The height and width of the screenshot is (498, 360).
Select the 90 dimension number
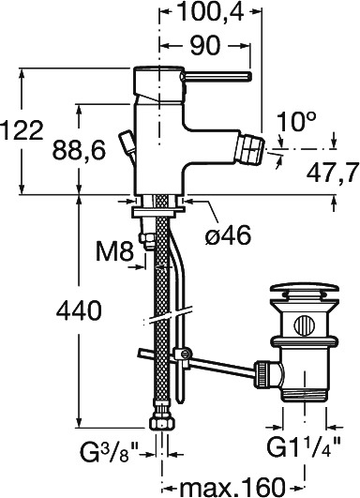pyautogui.click(x=204, y=45)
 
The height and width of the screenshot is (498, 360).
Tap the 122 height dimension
pyautogui.click(x=22, y=130)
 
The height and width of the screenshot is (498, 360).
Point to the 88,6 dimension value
pyautogui.click(x=79, y=150)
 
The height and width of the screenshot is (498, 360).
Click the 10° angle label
pyautogui.click(x=296, y=121)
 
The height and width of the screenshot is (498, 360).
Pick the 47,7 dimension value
pyautogui.click(x=333, y=174)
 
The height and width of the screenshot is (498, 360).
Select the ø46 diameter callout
pyautogui.click(x=228, y=235)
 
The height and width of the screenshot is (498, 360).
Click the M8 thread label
pyautogui.click(x=114, y=252)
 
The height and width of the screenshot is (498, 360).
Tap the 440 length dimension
pyautogui.click(x=79, y=310)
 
